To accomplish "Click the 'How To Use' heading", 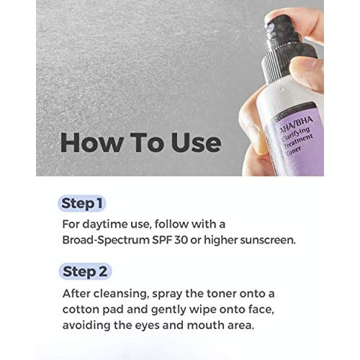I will click(x=140, y=142).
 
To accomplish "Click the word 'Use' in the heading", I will click(x=192, y=142).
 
